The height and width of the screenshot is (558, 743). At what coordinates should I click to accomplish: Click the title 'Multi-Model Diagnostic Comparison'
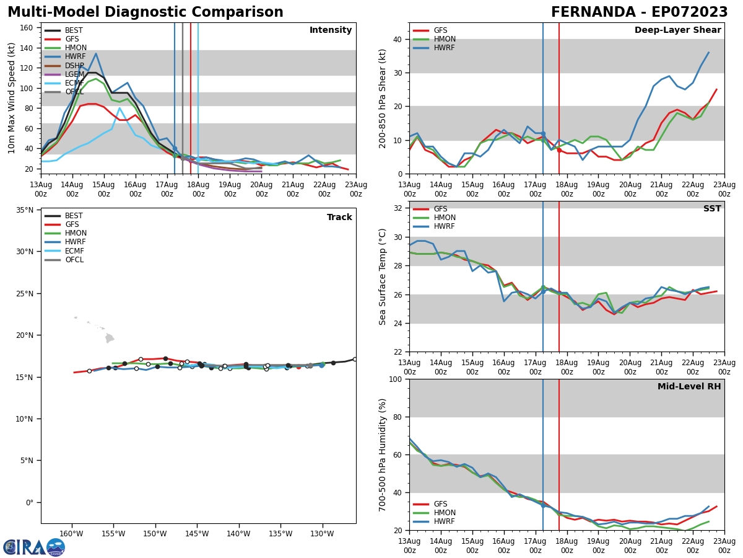pos(145,12)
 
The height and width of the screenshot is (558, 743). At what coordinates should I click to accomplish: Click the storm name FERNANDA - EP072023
pos(639,12)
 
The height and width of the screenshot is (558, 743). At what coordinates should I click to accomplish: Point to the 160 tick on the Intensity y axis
pos(27,27)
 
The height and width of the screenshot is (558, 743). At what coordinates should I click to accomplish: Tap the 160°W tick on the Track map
pos(72,534)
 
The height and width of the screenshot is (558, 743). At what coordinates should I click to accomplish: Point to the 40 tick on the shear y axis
pos(396,39)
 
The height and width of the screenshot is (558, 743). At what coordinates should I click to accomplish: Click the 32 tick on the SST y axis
pos(396,208)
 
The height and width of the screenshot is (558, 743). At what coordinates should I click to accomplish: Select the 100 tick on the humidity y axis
pos(394,379)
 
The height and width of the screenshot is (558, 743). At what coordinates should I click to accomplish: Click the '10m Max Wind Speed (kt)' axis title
pos(12,98)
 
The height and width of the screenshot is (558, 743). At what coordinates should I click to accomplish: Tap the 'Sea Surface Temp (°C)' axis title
pos(383,277)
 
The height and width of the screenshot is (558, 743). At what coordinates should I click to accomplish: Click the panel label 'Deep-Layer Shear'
pos(677,30)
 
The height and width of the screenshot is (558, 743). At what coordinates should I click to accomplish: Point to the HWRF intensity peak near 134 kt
pos(95,54)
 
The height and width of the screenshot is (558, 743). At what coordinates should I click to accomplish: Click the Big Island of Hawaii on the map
pos(110,339)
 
